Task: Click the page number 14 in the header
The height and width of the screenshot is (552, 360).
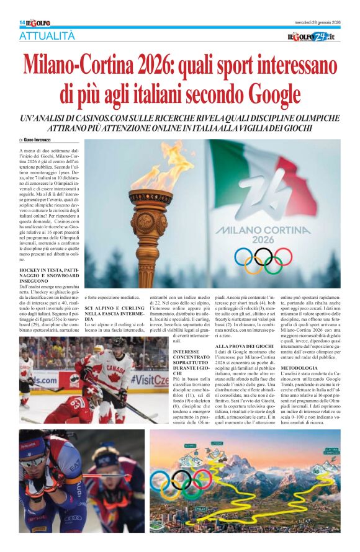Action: [x=22, y=23]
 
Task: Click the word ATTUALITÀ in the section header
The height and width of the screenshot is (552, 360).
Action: [x=49, y=37]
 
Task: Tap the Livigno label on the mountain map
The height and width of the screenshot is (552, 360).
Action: [x=217, y=443]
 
